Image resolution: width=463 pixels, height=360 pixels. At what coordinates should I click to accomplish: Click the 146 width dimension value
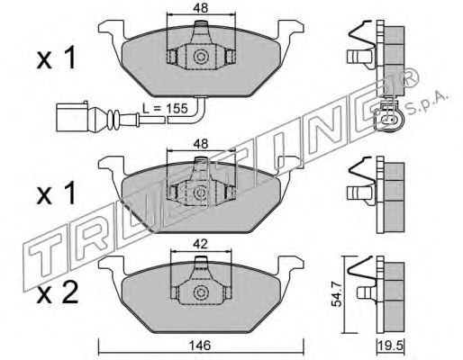(201, 346)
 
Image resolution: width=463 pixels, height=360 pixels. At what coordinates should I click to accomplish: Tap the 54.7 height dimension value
(337, 296)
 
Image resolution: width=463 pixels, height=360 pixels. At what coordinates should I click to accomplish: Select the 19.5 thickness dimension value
(391, 346)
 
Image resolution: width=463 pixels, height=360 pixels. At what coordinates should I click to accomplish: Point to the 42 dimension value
(200, 245)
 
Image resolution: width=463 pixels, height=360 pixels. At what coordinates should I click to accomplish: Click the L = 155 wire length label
(165, 108)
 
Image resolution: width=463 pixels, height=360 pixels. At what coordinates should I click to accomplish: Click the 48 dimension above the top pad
(201, 8)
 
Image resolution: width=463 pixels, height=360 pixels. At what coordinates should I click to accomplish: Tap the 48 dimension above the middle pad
(201, 144)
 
